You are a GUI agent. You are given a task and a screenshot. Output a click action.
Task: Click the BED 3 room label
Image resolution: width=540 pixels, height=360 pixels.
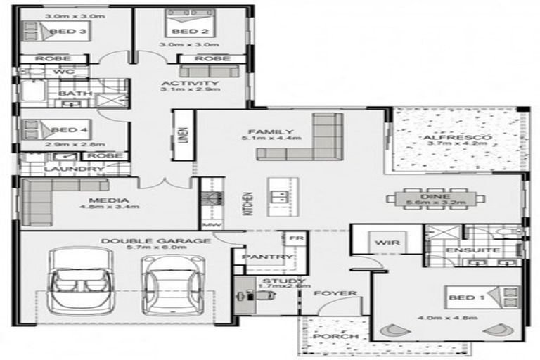pyautogui.click(x=72, y=32)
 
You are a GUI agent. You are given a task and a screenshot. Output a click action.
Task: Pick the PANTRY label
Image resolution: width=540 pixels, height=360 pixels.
pyautogui.click(x=262, y=257)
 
